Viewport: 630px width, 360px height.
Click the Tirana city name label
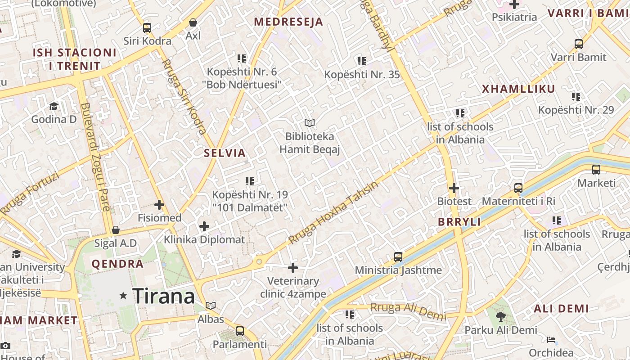(164, 296)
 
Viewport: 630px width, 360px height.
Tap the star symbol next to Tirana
(123, 296)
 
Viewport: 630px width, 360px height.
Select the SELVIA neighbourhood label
(225, 153)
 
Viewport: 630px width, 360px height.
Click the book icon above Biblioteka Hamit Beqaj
(309, 123)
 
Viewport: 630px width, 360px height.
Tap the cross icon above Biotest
(454, 188)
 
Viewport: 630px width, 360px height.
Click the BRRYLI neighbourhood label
(459, 222)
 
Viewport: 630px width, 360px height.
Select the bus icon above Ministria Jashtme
(398, 257)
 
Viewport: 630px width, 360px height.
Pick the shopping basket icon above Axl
(193, 22)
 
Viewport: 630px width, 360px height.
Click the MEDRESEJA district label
(288, 22)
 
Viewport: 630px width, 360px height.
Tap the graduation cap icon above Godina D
(54, 106)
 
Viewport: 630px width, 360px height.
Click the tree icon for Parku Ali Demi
(500, 317)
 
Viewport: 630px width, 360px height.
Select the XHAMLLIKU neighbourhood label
(518, 89)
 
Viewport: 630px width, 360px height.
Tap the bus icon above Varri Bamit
(579, 44)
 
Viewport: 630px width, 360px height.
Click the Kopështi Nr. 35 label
(362, 75)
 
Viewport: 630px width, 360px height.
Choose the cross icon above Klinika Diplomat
(204, 226)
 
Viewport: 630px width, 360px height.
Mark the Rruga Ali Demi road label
(408, 310)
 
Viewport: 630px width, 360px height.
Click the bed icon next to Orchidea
(551, 340)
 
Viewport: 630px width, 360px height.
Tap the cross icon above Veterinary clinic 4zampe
(293, 268)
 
